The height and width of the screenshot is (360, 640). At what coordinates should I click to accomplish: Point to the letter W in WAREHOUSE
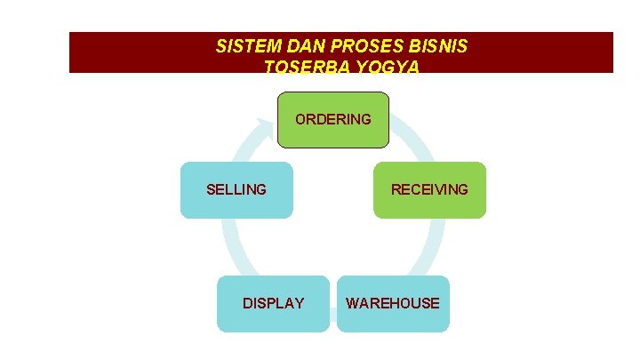(353, 303)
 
